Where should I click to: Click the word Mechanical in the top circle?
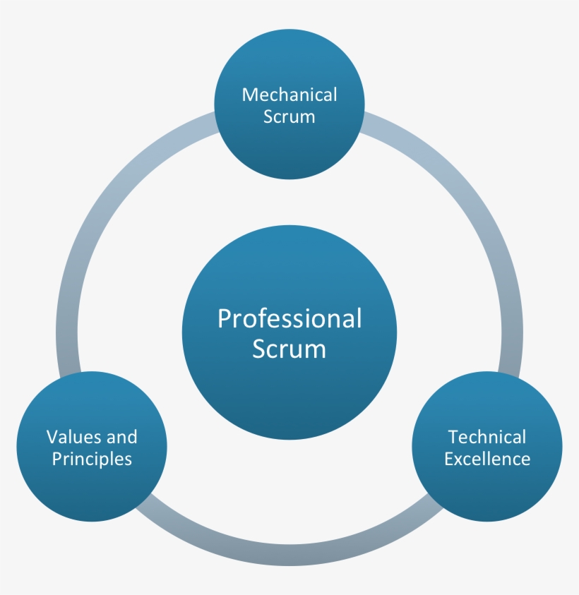click(x=289, y=95)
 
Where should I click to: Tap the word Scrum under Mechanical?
click(x=289, y=116)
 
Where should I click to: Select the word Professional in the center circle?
click(x=289, y=318)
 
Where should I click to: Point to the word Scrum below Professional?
click(x=289, y=349)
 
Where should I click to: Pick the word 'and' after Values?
click(x=122, y=437)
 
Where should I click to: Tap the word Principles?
click(x=92, y=459)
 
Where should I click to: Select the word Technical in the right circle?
click(x=487, y=437)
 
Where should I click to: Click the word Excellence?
click(x=487, y=459)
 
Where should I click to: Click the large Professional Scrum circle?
click(x=289, y=395)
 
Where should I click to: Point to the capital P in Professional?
click(x=224, y=318)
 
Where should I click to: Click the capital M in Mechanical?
click(x=249, y=95)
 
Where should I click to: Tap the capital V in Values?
click(x=52, y=437)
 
